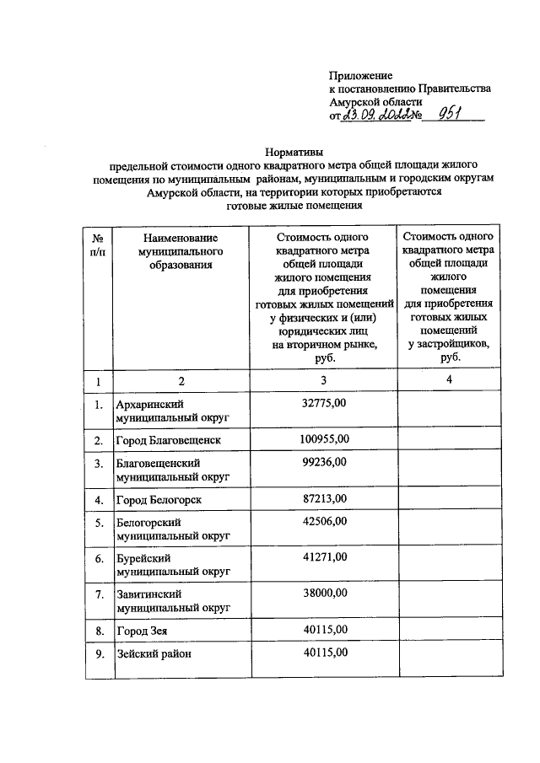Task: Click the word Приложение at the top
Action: pyautogui.click(x=360, y=75)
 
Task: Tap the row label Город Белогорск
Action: pyautogui.click(x=159, y=500)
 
